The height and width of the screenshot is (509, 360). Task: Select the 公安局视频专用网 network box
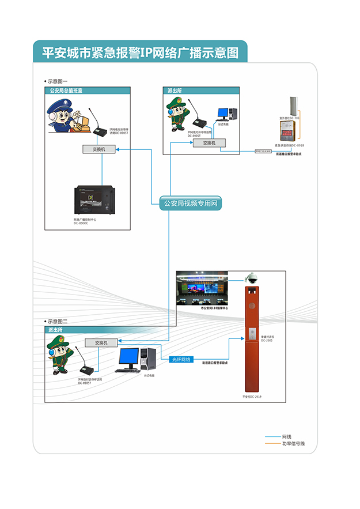[191, 203]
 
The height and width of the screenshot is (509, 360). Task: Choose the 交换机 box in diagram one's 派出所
[209, 142]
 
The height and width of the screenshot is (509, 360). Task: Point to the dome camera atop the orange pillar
[251, 278]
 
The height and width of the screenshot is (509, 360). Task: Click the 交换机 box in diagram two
[98, 342]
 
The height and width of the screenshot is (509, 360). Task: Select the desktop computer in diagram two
[138, 360]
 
